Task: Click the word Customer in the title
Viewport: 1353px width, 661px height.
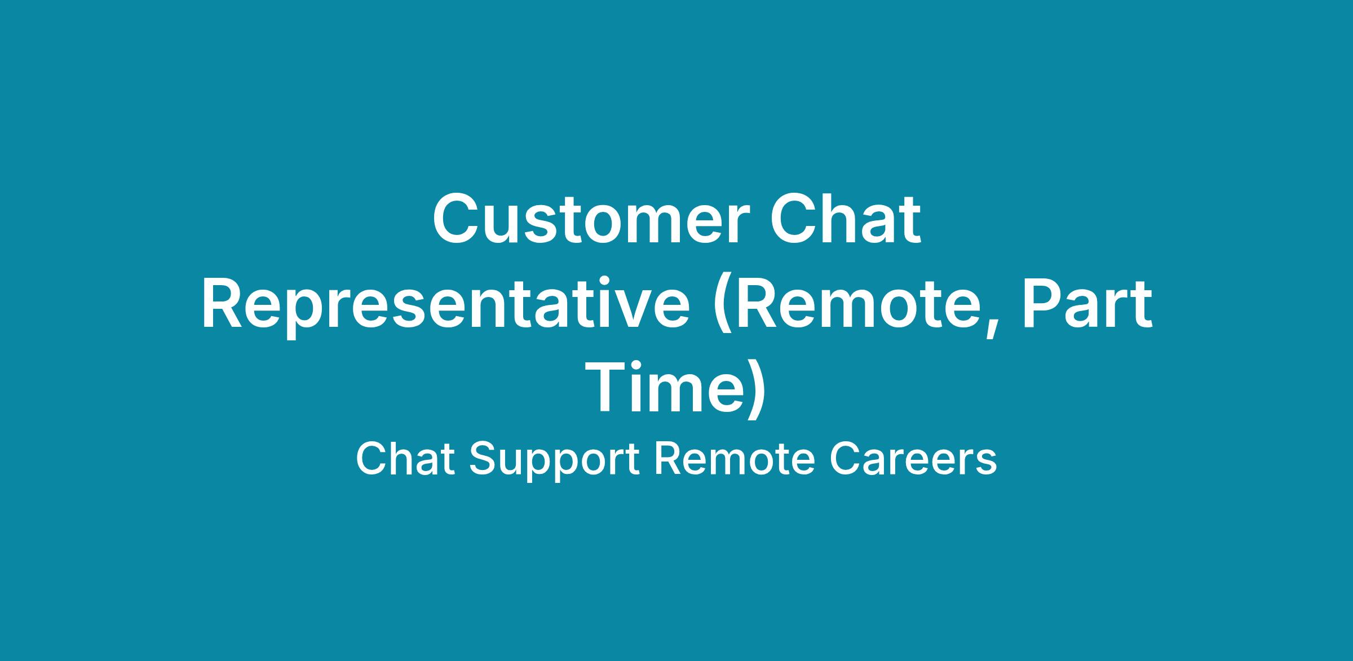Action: tap(591, 219)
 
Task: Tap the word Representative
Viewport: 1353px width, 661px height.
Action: tap(446, 308)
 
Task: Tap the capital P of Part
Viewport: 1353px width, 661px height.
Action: tap(1041, 305)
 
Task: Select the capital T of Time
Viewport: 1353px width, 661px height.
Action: tap(607, 388)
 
